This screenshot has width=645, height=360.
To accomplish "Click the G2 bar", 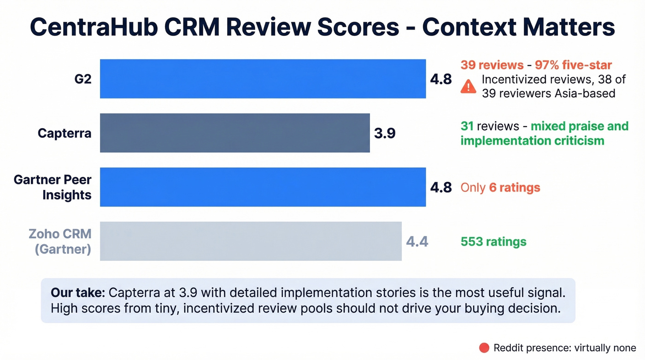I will pos(263,79).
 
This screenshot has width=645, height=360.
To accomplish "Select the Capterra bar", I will pos(235,133).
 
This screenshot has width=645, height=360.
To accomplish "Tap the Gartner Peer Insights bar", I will pos(263,187).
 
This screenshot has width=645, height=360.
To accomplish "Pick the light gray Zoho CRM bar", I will pos(251,241).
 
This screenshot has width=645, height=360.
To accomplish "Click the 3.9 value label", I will pos(385,134).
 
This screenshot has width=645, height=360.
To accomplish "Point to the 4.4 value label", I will pos(417,242).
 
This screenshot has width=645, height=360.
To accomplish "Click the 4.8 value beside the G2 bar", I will pos(441,79).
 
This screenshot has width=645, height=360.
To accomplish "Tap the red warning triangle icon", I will pos(468,86).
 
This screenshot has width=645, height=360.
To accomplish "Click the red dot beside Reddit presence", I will pos(484,348).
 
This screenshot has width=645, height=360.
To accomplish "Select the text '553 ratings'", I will pos(493,242).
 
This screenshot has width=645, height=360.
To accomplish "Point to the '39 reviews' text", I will pos(492,65).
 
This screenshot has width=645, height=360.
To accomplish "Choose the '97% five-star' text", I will pos(573,65).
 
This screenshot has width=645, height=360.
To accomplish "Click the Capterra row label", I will pos(64,133).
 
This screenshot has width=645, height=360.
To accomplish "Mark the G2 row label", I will pos(83,79).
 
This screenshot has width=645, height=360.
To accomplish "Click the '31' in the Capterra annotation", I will pos(467,126).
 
